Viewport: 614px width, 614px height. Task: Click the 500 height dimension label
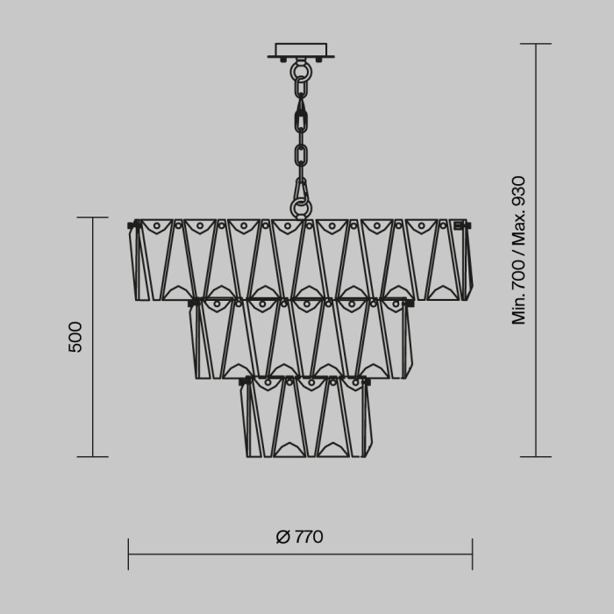click(x=75, y=337)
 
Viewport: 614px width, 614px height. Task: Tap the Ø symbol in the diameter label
click(x=282, y=537)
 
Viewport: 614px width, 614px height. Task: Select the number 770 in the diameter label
click(x=308, y=537)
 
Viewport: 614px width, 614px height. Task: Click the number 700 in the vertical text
click(x=518, y=268)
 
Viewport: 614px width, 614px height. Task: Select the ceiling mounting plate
click(x=300, y=52)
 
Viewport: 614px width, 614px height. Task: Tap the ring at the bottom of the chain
click(x=301, y=208)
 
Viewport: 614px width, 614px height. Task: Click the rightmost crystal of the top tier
click(x=465, y=261)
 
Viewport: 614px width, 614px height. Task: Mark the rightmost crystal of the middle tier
click(x=406, y=339)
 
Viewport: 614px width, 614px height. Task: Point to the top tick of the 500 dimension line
click(x=92, y=218)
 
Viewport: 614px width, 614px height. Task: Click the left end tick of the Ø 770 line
click(x=129, y=554)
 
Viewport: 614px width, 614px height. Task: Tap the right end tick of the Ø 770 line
click(x=472, y=554)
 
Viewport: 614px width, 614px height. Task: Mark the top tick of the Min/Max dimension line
click(x=536, y=44)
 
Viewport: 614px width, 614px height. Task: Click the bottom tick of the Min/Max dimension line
click(x=536, y=456)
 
